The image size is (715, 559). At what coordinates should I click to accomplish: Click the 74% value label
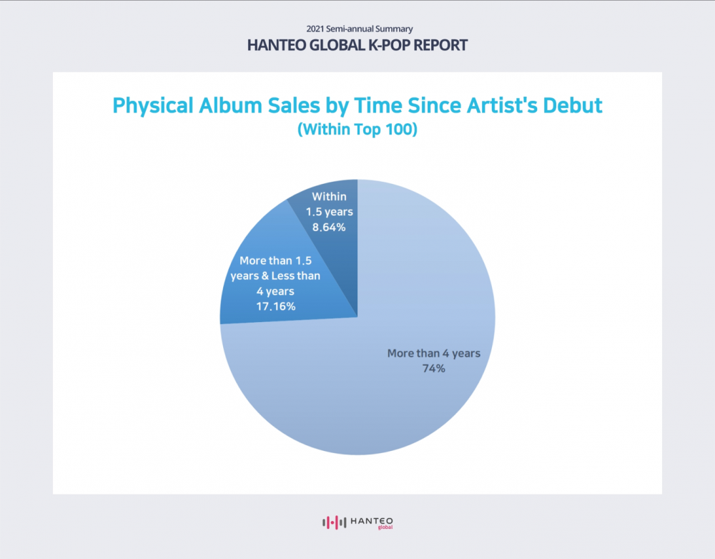point(434,369)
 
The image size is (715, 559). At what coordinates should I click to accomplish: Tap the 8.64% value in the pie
point(329,227)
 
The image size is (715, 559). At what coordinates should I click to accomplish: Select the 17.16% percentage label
point(276,306)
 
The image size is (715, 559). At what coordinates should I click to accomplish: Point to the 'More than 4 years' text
point(434,353)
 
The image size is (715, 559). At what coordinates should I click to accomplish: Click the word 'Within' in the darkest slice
point(329,196)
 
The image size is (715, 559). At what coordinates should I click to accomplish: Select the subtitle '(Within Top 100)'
point(357,129)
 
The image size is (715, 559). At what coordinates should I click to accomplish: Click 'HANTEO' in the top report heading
point(276,45)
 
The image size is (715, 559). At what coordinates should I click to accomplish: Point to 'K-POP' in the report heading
point(389,45)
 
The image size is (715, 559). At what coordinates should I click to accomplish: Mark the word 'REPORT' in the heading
point(440,45)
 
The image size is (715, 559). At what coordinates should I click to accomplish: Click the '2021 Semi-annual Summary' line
point(360,29)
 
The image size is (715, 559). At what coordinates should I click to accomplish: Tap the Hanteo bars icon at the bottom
point(334,522)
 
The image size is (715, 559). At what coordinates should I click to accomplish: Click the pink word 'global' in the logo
point(385,528)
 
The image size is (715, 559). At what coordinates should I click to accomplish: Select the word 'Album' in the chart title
point(230,105)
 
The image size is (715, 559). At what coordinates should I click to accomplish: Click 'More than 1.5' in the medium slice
point(276,261)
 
